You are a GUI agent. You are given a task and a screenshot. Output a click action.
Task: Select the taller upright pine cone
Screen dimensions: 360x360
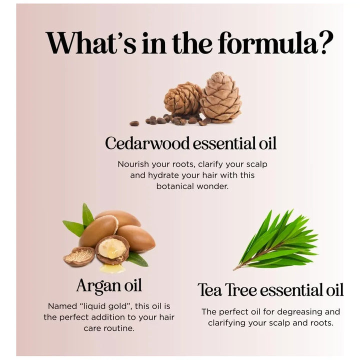tap(220, 97)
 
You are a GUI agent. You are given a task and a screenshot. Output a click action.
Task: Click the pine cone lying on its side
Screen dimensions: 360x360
tap(183, 98)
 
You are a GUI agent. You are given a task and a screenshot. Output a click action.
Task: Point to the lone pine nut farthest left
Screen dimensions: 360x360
tap(134, 123)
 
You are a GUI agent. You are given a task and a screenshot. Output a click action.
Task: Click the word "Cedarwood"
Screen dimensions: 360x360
tap(147, 143)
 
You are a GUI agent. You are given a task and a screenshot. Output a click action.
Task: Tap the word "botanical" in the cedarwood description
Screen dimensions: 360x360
tap(175, 186)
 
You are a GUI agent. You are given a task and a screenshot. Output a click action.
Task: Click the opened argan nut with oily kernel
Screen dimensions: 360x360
tap(112, 249)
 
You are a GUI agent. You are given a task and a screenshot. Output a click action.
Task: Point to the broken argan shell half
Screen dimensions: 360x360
tap(79, 256)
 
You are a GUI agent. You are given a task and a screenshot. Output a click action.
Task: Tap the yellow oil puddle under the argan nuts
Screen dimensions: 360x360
tap(112, 268)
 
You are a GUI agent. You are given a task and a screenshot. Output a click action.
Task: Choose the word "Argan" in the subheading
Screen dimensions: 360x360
tap(97, 286)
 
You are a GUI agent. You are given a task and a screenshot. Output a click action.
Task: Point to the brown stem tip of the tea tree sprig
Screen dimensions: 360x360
tap(234, 269)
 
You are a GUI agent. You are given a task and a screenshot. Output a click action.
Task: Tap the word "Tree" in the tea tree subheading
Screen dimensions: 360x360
tap(241, 289)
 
